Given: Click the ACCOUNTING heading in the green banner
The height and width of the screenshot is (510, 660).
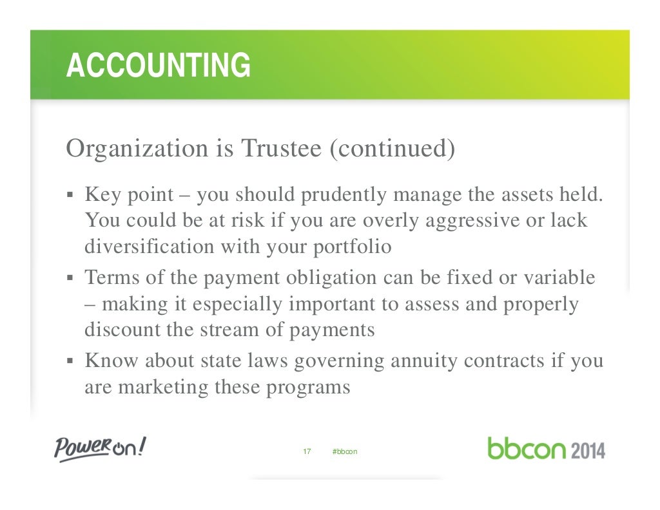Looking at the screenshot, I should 158,65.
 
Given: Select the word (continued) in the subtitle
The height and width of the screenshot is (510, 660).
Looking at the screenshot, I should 392,149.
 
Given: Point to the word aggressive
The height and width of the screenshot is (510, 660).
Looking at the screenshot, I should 470,220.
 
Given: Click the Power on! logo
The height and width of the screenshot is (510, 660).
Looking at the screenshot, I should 100,448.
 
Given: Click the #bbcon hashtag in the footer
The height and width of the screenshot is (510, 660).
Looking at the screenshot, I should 344,451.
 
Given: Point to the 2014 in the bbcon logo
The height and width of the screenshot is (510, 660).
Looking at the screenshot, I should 587,449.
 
